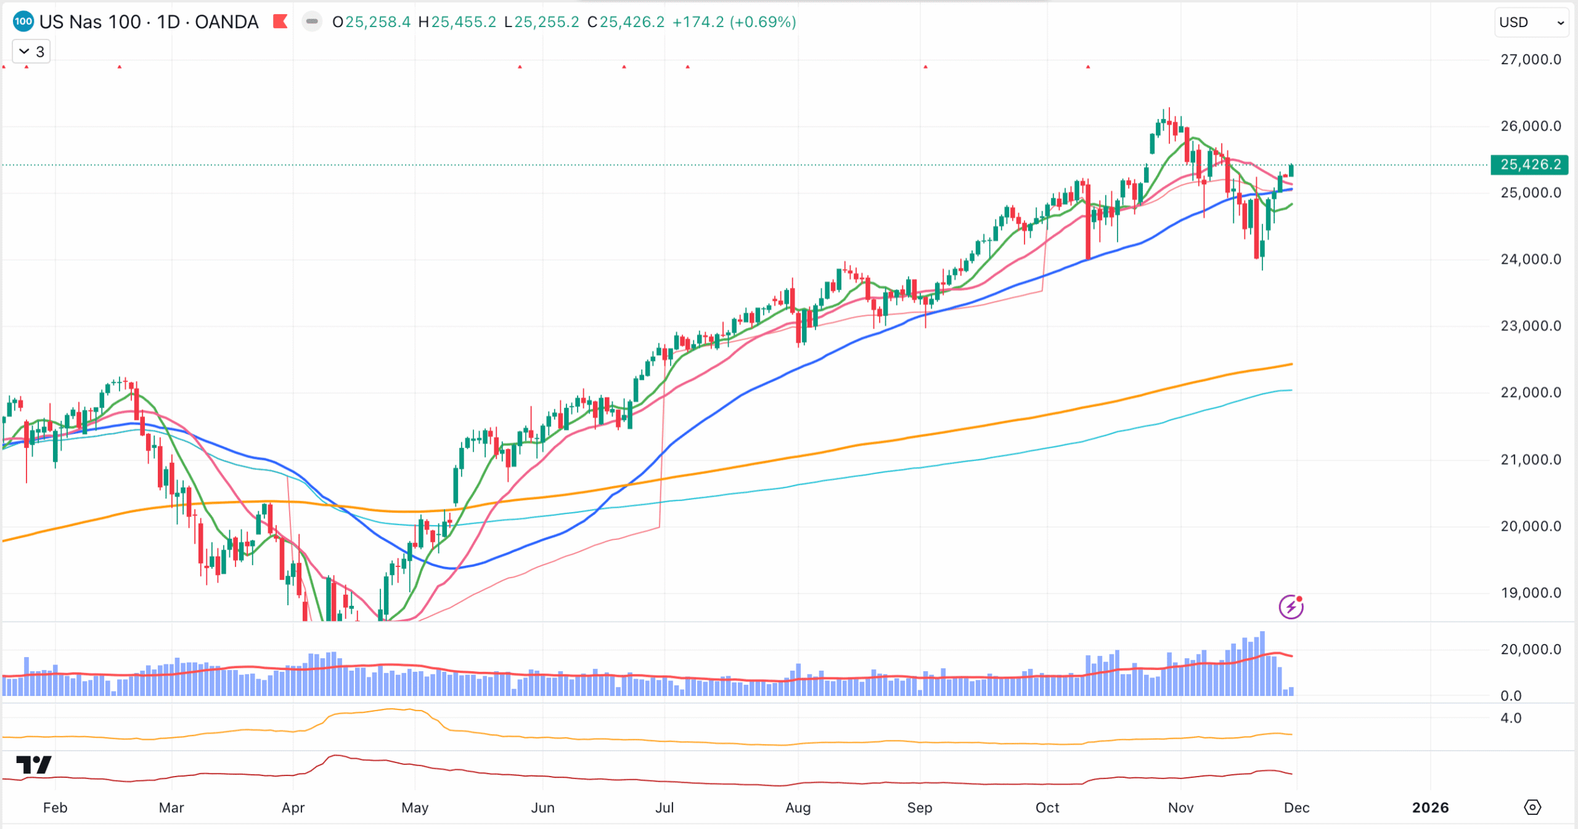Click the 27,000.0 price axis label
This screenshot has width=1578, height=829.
1530,60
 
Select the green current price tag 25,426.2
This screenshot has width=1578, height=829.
1530,165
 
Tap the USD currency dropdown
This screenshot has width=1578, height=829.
1531,23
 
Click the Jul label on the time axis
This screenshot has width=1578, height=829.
664,807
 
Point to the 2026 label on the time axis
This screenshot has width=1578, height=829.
1430,807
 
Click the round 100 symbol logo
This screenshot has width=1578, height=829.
23,22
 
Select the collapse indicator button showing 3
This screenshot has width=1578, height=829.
31,52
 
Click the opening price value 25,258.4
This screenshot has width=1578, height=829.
377,22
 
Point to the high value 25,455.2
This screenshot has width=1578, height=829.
463,22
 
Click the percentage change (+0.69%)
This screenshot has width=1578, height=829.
762,22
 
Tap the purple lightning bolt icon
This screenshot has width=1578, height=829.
1291,607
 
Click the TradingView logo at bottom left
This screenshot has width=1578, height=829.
34,765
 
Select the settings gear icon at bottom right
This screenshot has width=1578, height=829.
1532,807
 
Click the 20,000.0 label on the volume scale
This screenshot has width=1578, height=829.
1530,650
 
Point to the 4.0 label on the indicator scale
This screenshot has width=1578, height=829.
1511,718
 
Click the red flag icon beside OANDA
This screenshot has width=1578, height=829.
280,22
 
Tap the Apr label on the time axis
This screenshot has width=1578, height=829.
293,807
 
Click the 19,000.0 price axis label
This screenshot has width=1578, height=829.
1530,593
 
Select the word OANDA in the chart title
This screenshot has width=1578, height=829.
226,22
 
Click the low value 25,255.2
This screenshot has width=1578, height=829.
547,22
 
